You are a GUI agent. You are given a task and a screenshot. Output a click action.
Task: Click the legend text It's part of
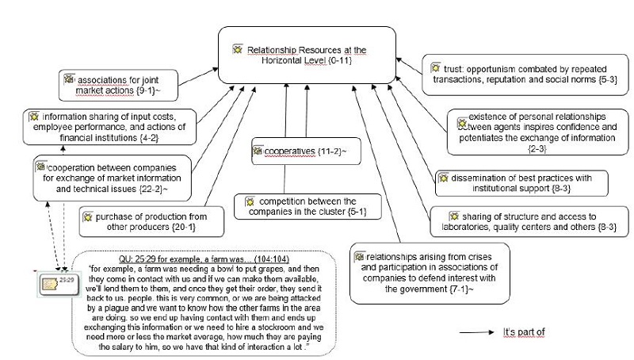click(524, 331)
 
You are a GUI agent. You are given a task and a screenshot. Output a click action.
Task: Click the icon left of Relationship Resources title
click(236, 49)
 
